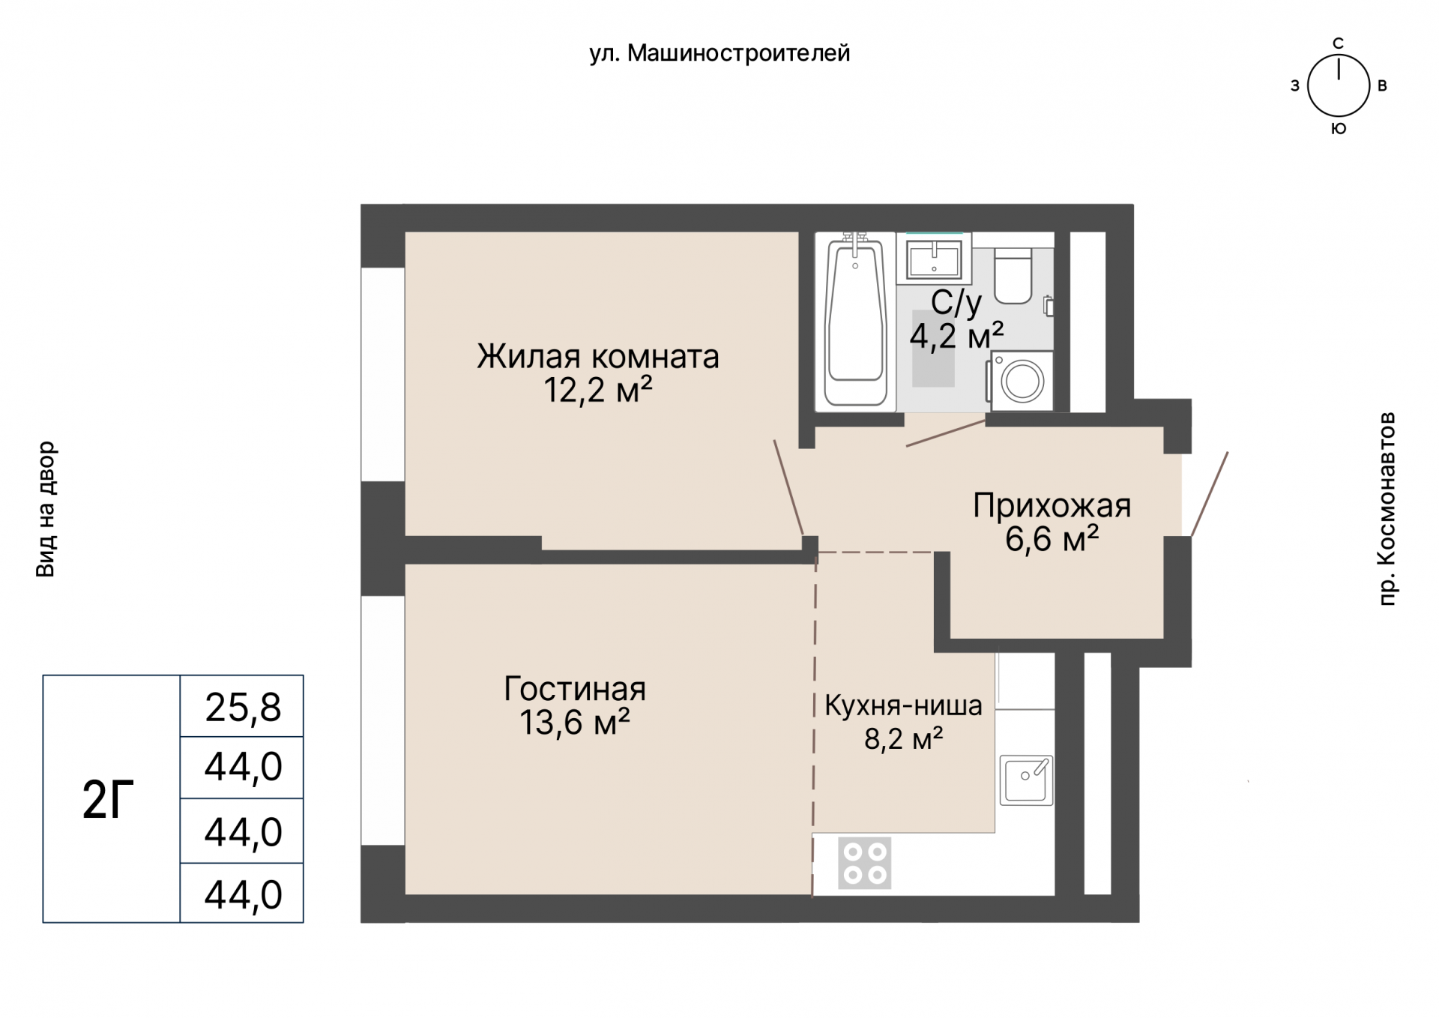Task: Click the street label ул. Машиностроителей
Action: tap(719, 54)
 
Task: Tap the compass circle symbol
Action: tap(1339, 85)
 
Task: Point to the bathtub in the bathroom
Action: tap(855, 322)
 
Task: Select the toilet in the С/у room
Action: tap(1013, 276)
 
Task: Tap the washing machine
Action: tap(1022, 380)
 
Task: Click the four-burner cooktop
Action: tap(865, 863)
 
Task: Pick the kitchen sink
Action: tap(1026, 780)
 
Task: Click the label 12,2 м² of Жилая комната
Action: tap(597, 391)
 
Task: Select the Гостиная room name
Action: tap(575, 689)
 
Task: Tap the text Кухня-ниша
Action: tap(903, 705)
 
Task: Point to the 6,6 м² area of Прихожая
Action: tap(1052, 539)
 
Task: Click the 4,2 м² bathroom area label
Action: tap(956, 335)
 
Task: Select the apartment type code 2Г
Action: tap(108, 800)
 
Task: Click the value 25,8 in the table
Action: tap(243, 707)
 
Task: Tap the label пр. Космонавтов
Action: tap(1387, 508)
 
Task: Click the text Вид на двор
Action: tap(46, 509)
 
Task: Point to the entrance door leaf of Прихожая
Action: tap(1210, 494)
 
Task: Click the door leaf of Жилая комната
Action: tap(788, 487)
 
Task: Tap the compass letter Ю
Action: tap(1339, 129)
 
